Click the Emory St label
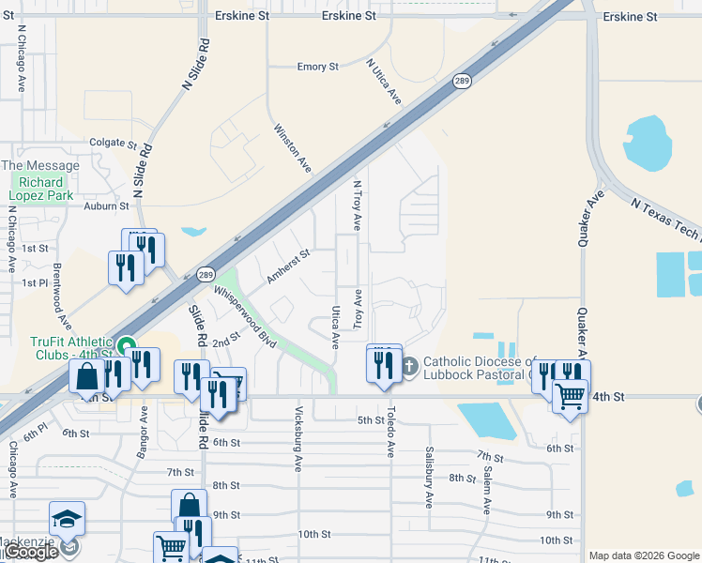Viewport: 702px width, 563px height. pos(317,68)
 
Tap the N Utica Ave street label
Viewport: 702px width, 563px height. pos(384,81)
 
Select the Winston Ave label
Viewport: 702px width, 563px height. pos(292,148)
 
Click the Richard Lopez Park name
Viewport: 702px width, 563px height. pos(40,189)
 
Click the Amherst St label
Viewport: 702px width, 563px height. pos(288,266)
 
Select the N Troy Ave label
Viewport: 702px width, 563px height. pos(357,205)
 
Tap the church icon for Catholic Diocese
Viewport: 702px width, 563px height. pos(409,365)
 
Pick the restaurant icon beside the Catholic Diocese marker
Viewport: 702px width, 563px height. pos(383,363)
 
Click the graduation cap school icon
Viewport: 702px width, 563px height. pos(68,519)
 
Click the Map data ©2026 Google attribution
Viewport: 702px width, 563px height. pos(645,555)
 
